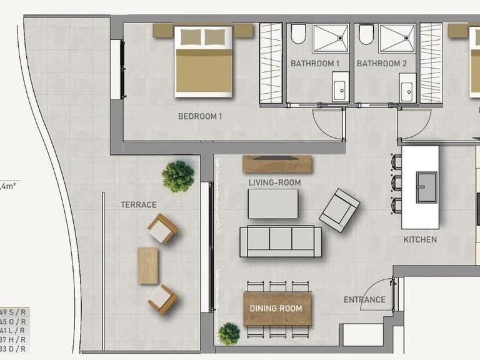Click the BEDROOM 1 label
click(x=200, y=116)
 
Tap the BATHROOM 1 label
click(x=315, y=64)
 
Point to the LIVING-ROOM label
click(x=275, y=182)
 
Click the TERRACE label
click(x=138, y=204)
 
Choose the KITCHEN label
click(x=419, y=239)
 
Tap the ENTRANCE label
click(x=364, y=300)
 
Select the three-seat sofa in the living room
click(x=281, y=241)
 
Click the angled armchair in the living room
click(x=339, y=210)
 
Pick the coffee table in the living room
click(x=273, y=204)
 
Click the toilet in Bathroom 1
click(x=298, y=34)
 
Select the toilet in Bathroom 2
click(x=366, y=34)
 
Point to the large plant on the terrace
click(x=177, y=176)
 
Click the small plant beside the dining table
click(x=229, y=334)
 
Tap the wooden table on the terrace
click(x=148, y=265)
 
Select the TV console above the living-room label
click(x=277, y=164)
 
